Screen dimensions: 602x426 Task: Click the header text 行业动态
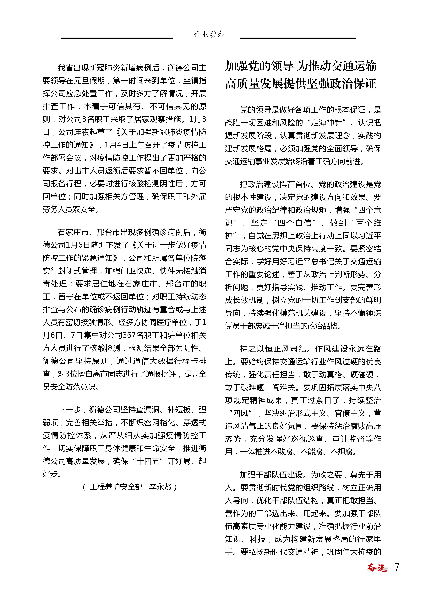click(x=209, y=34)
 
